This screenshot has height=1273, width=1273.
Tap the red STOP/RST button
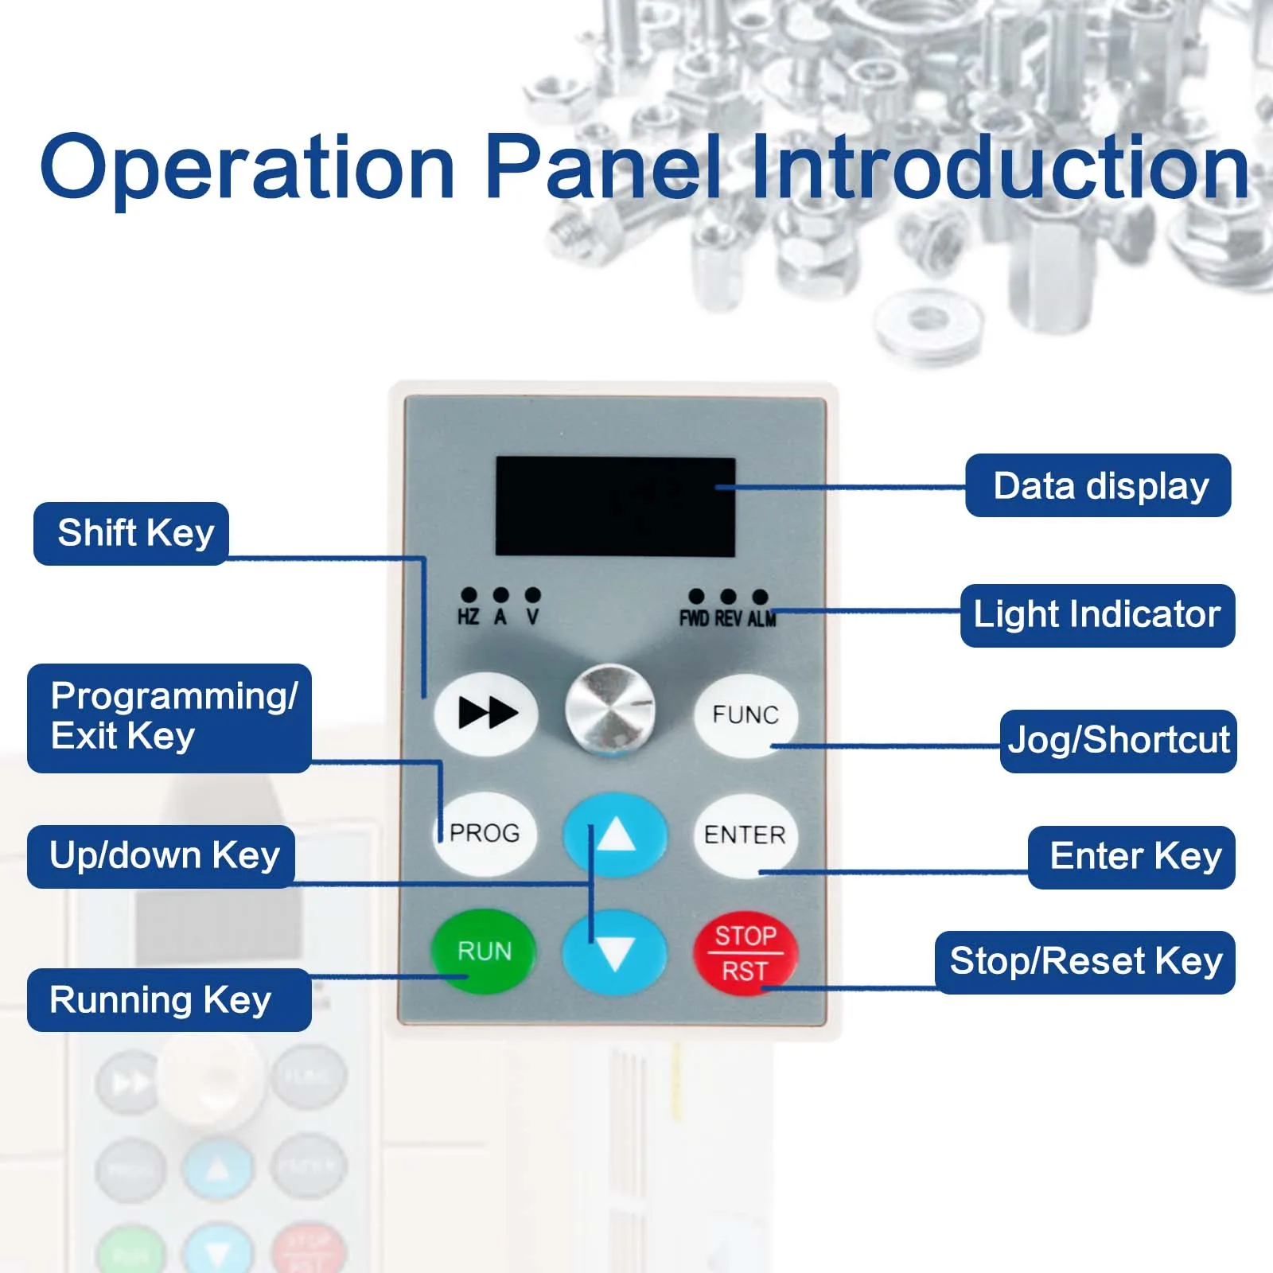[746, 952]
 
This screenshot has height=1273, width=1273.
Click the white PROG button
[485, 833]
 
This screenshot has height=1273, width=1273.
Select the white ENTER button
[746, 835]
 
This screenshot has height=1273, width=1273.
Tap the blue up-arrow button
[615, 835]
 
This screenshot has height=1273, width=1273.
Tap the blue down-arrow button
[615, 952]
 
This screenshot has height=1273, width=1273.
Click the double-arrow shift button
[486, 713]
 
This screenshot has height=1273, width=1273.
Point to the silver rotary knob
[610, 709]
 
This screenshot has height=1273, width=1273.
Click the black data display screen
[615, 507]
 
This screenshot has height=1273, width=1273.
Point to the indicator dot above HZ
[469, 594]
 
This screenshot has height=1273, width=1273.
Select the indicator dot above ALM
[760, 596]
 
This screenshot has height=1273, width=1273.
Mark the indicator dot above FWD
[696, 596]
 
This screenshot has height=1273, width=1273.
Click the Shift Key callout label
[131, 533]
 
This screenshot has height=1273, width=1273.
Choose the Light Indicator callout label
[1097, 615]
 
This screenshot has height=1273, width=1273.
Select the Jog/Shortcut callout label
[1118, 741]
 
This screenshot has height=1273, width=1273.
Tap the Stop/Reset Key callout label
[1085, 962]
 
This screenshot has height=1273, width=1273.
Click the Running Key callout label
[169, 1000]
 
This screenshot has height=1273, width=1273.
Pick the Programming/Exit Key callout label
[169, 718]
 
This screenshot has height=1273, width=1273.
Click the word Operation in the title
[247, 167]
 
